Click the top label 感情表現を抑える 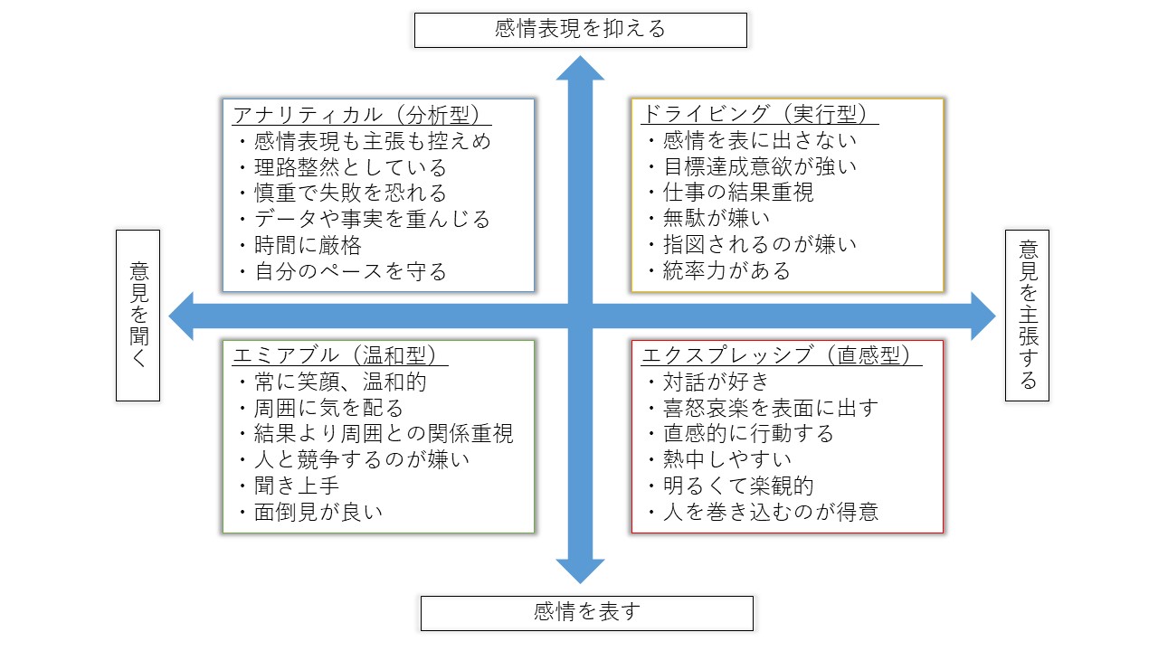pyautogui.click(x=580, y=29)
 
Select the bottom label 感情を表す pyautogui.click(x=587, y=612)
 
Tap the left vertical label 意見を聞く pyautogui.click(x=138, y=315)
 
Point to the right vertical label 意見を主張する pyautogui.click(x=1028, y=315)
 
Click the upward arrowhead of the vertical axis pyautogui.click(x=580, y=68)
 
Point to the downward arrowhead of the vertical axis pyautogui.click(x=580, y=571)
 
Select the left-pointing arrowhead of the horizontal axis pyautogui.click(x=181, y=316)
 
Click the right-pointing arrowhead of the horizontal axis pyautogui.click(x=983, y=316)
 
